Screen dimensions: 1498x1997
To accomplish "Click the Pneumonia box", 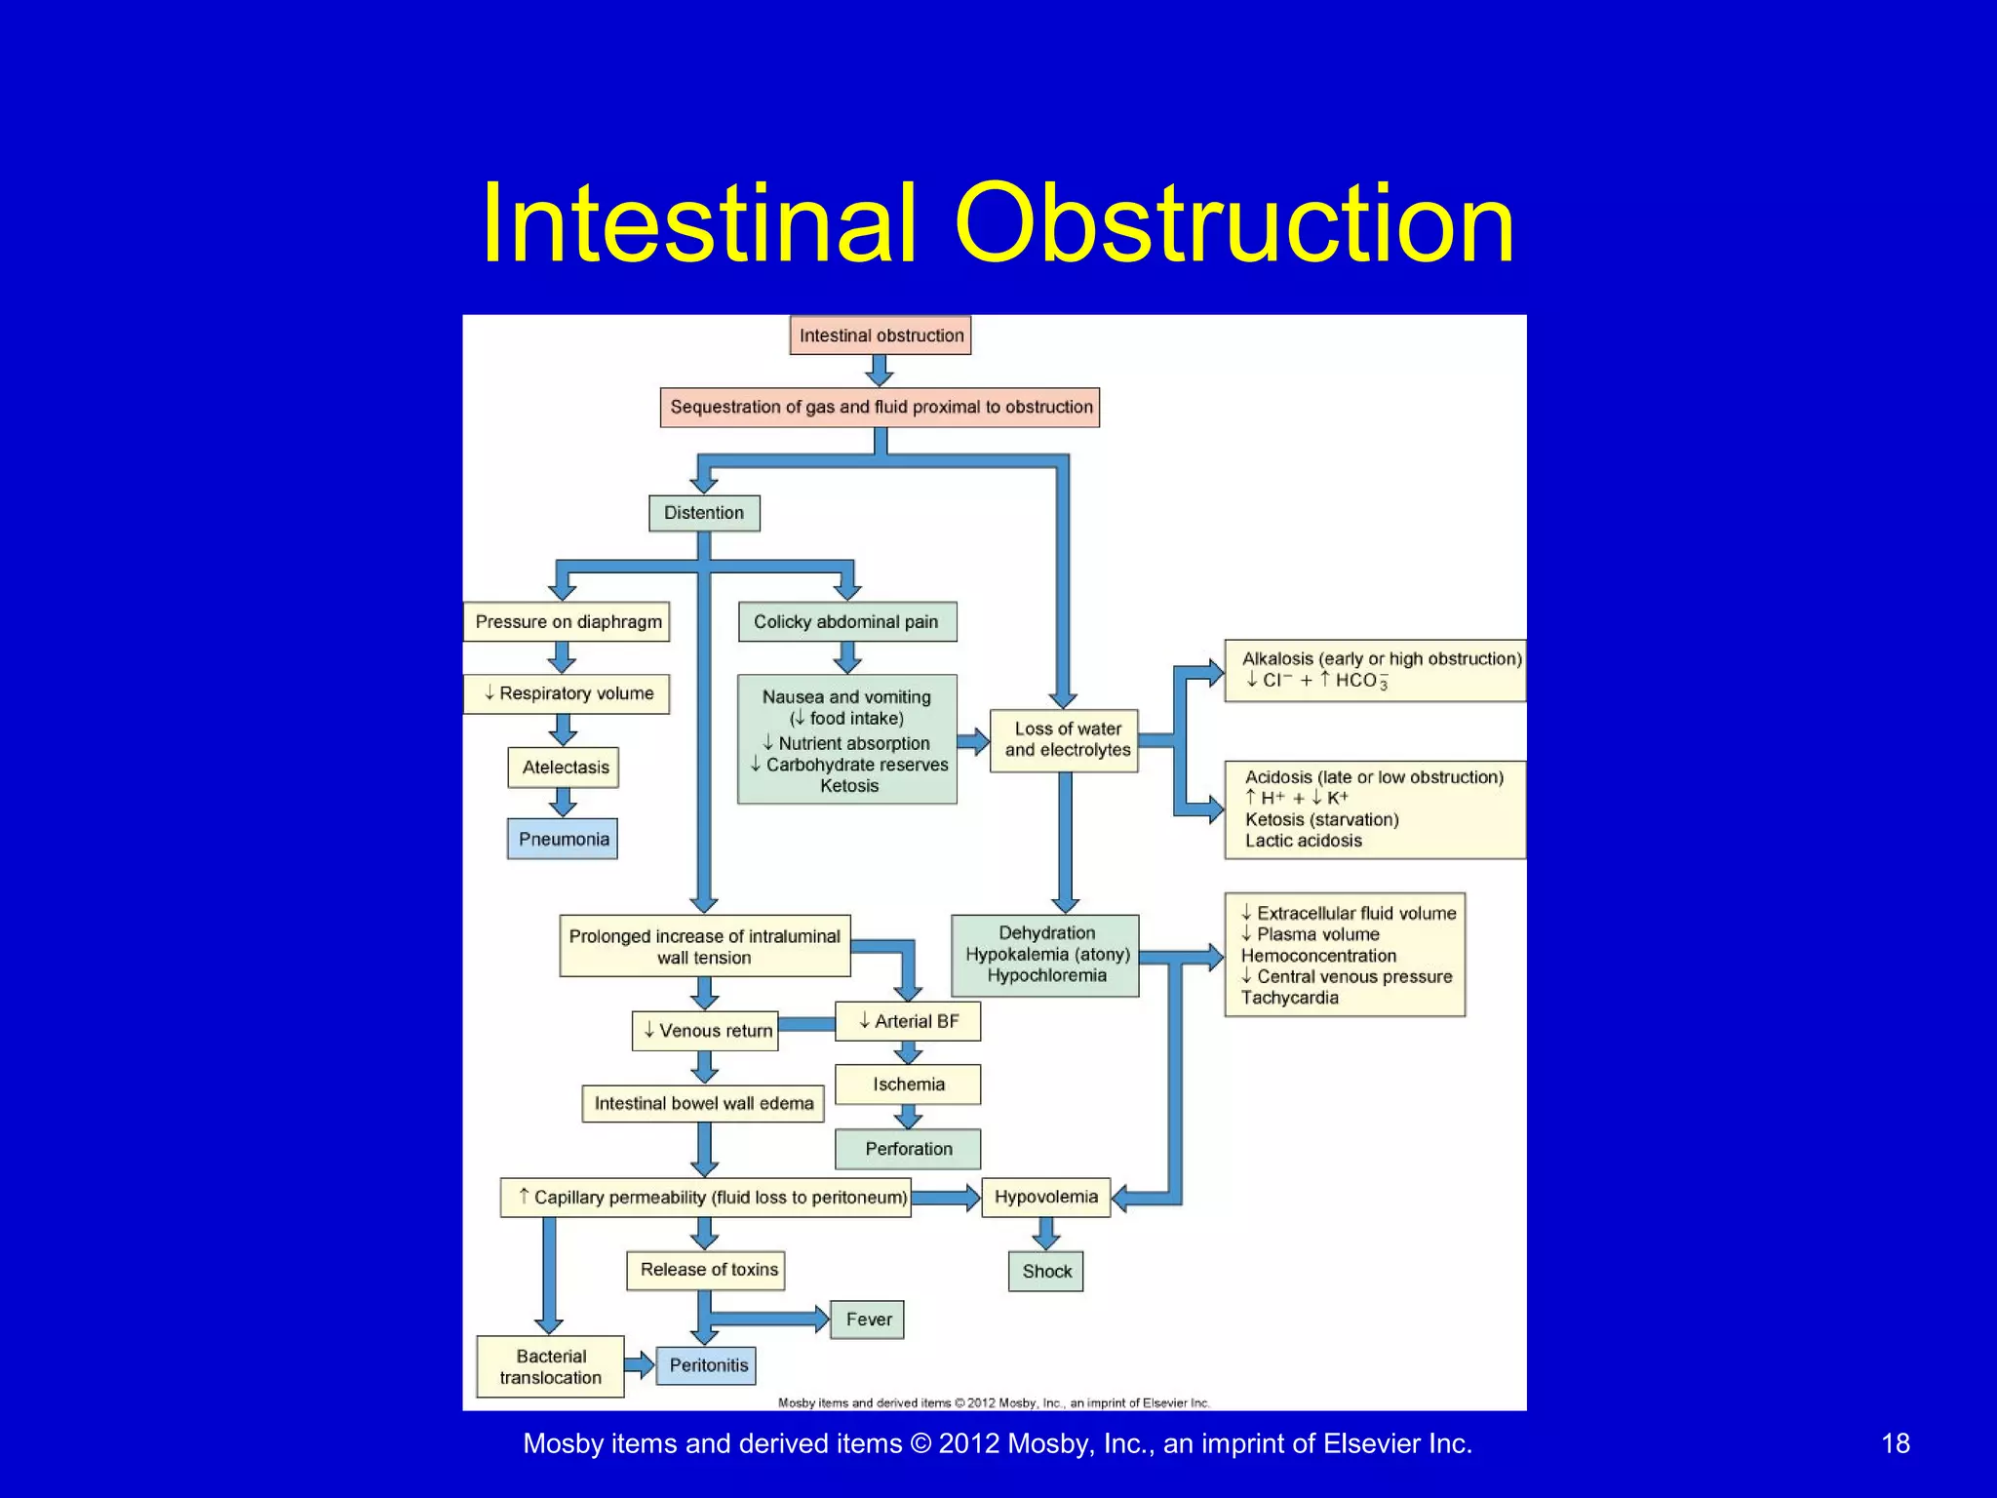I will (x=563, y=839).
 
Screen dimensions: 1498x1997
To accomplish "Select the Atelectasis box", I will (x=564, y=768).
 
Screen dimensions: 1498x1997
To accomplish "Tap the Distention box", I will (x=704, y=513).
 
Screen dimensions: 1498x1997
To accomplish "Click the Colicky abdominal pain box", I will (x=846, y=622).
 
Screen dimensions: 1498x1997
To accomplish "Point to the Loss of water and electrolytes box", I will (x=1065, y=740).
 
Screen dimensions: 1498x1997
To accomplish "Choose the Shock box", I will (x=1045, y=1272).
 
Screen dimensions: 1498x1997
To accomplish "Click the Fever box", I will (x=867, y=1320).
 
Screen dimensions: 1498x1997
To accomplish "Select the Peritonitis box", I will (x=707, y=1365).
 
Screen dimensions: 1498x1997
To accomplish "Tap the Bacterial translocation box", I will (x=550, y=1366).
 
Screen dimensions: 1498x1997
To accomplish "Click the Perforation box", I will (x=908, y=1149).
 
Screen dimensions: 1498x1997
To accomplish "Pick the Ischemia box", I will (x=908, y=1084).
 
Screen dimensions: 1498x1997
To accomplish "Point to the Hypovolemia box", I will (x=1045, y=1197).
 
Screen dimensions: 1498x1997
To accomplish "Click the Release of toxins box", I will (x=707, y=1270).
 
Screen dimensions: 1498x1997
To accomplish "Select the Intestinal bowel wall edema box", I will (x=703, y=1104).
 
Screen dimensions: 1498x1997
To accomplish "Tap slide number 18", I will (x=1895, y=1443).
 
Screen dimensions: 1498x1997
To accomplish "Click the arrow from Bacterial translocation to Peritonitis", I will (x=641, y=1364).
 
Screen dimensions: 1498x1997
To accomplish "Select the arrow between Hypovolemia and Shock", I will (x=1045, y=1235).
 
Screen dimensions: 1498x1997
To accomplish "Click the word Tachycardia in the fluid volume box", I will (x=1289, y=998).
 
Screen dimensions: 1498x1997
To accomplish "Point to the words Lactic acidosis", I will (x=1303, y=841).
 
